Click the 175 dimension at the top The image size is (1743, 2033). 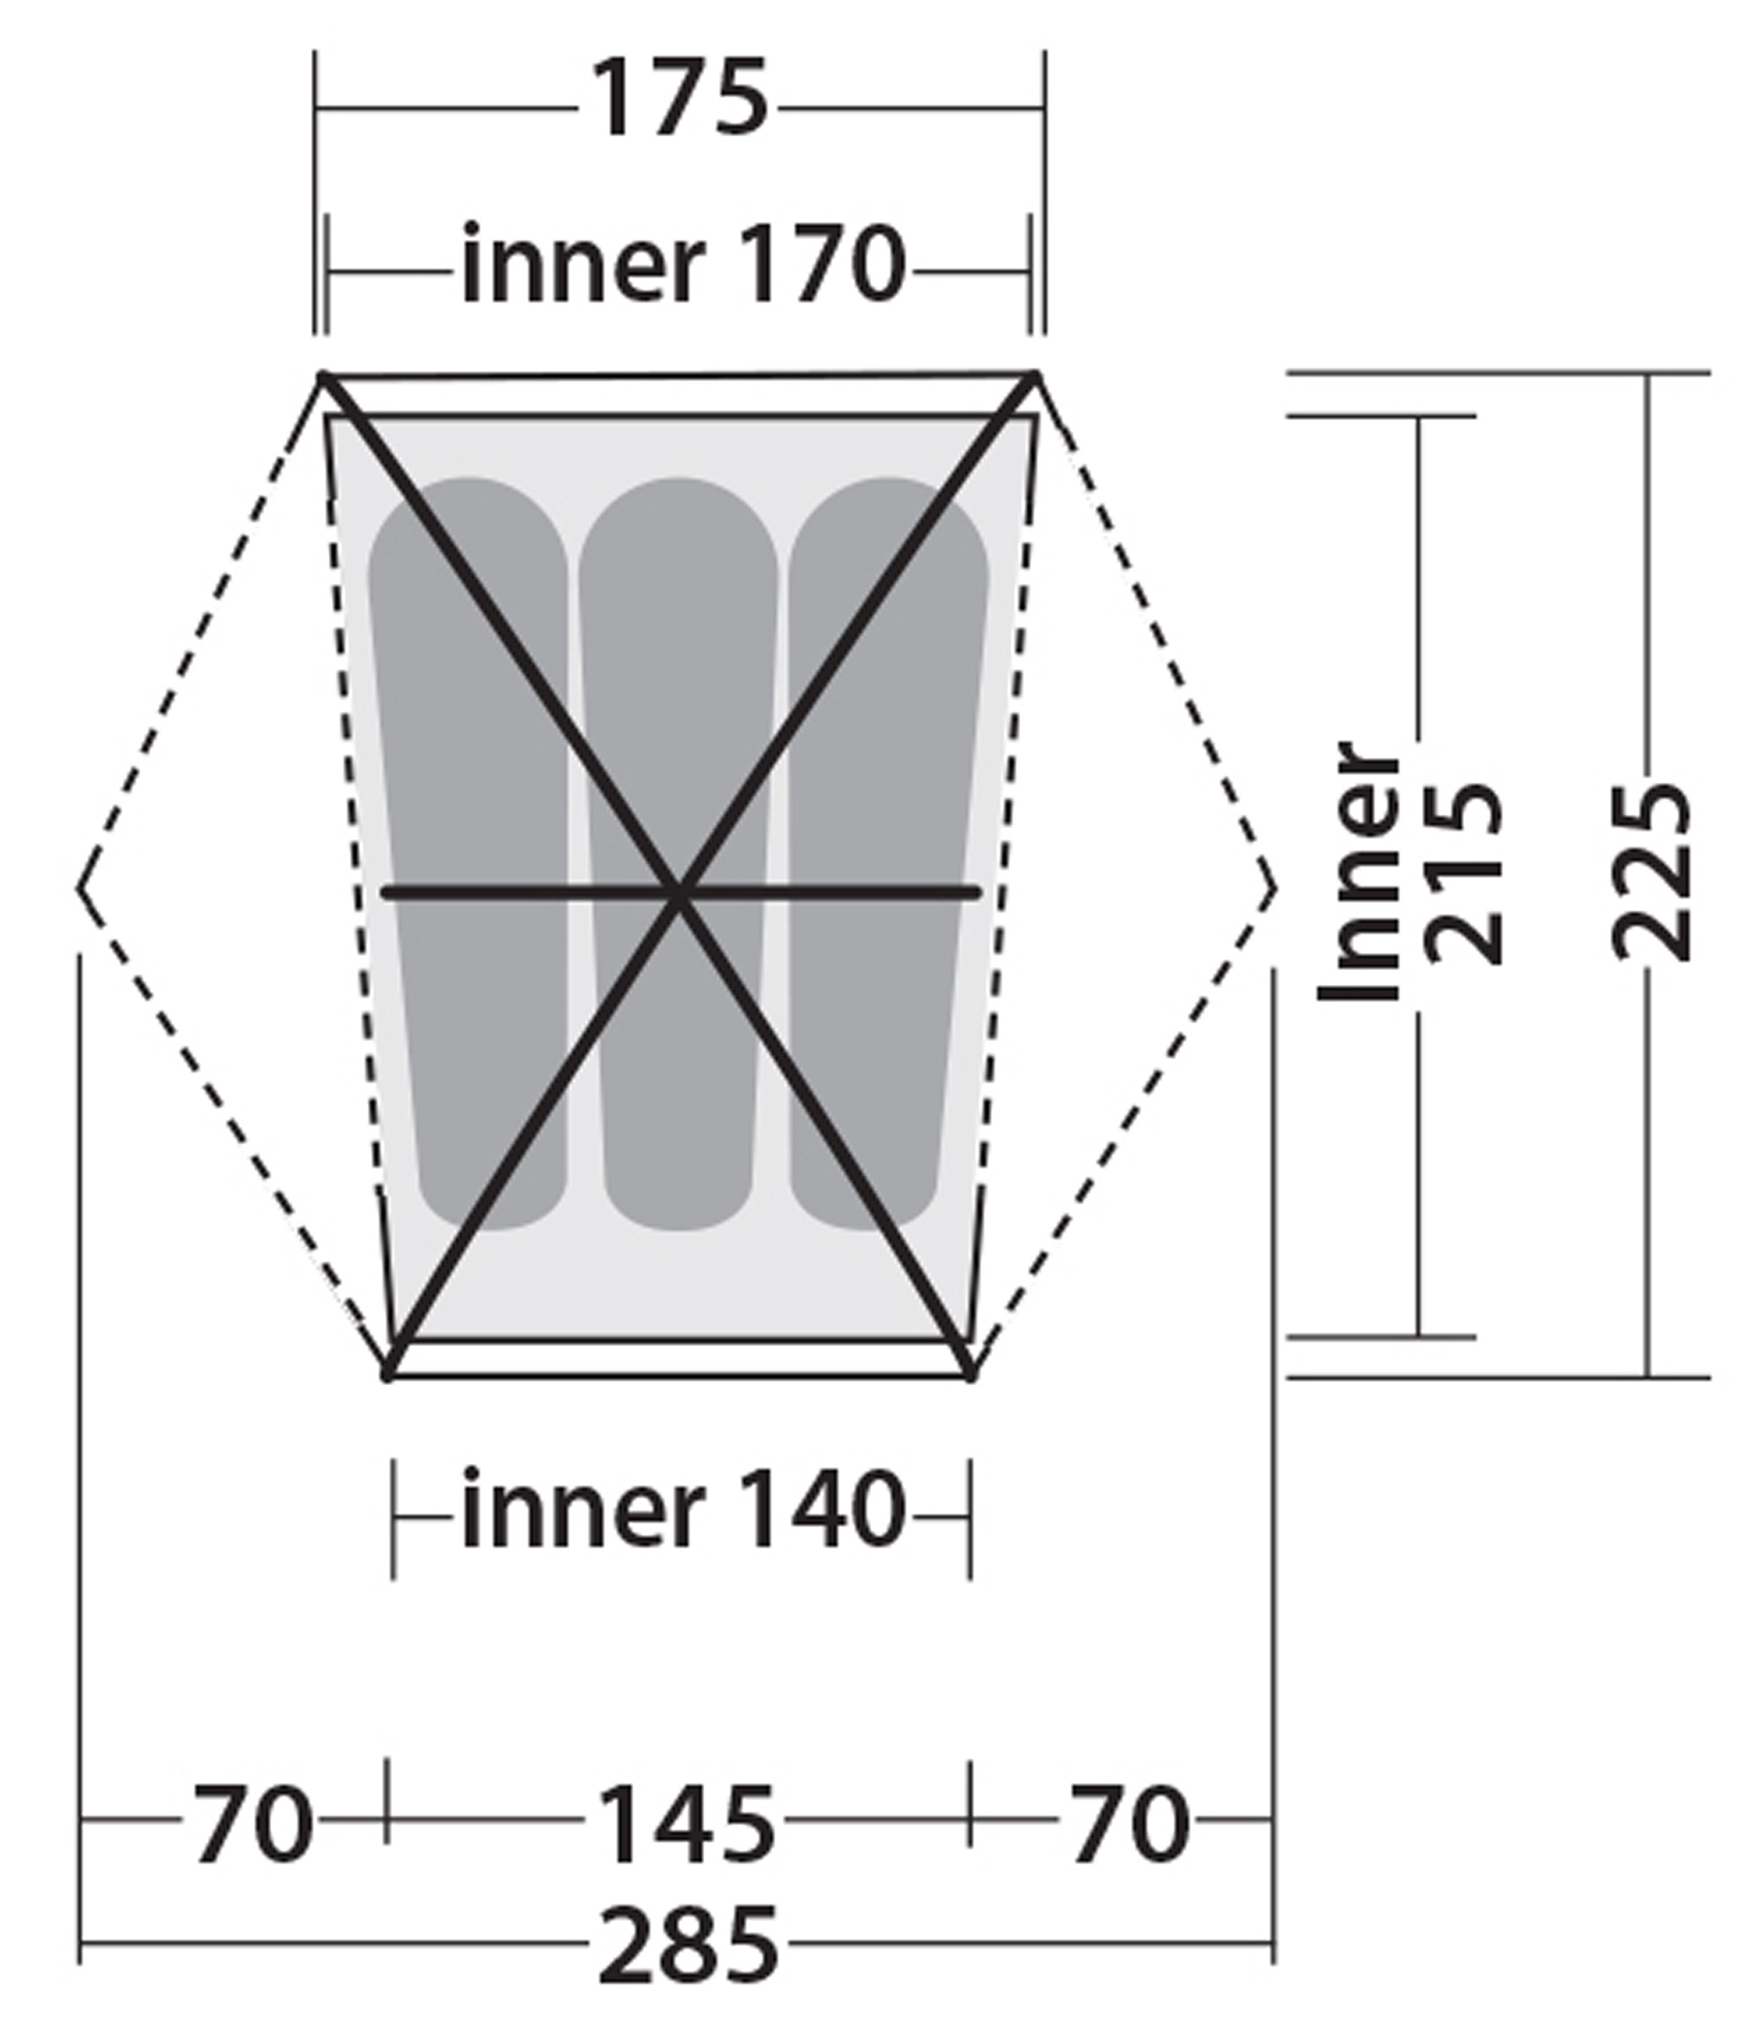[679, 98]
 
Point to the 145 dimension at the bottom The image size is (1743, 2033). [685, 1824]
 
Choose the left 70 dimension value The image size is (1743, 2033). [253, 1823]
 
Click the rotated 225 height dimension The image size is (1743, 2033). [1652, 873]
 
